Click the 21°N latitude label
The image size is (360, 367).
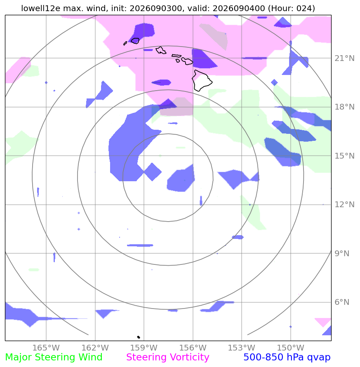coord(344,58)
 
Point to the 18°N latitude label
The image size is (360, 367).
coord(344,107)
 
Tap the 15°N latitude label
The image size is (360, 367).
coord(344,156)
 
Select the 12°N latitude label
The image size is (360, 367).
coord(344,205)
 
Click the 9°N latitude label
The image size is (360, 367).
coord(342,253)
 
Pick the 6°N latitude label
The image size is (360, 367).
coord(342,302)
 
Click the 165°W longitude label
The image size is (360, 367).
coord(46,348)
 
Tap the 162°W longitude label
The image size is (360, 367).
coord(95,348)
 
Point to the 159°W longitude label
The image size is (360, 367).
coord(144,348)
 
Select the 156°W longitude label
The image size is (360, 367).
coord(193,348)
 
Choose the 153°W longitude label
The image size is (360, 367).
coord(242,348)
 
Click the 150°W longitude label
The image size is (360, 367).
coord(291,348)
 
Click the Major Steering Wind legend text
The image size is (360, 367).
coord(54,358)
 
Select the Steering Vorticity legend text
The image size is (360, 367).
coord(167,358)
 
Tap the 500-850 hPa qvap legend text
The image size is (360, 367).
coord(287,358)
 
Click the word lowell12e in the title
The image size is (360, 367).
coord(40,8)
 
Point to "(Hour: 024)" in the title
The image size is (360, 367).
coord(291,8)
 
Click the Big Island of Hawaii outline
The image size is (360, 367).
coord(202,80)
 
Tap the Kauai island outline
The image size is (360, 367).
coord(135,41)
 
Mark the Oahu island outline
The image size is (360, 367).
coord(161,50)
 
